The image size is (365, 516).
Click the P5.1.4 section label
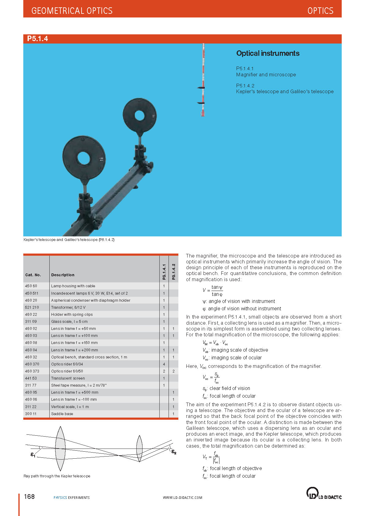(x=37, y=39)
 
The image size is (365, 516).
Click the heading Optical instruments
(x=268, y=53)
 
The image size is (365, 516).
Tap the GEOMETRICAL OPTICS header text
(x=72, y=11)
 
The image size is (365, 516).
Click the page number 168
(x=29, y=497)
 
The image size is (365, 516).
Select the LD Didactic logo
(x=324, y=493)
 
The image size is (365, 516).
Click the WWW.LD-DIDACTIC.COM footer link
(x=182, y=498)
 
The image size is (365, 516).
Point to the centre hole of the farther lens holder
(x=139, y=115)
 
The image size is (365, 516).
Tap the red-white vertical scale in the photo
(x=203, y=80)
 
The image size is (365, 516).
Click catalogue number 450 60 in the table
(x=31, y=286)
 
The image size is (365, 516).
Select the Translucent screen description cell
(x=68, y=378)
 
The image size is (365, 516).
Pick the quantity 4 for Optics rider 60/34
(x=164, y=364)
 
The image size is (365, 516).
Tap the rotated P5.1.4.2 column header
(x=173, y=272)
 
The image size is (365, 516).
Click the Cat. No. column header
(x=33, y=275)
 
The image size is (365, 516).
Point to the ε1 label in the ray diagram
(x=33, y=455)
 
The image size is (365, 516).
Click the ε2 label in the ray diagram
(x=174, y=452)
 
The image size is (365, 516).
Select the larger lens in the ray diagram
(x=60, y=448)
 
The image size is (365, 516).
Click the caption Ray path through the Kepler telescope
(x=57, y=476)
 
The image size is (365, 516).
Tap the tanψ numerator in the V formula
(x=217, y=287)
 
